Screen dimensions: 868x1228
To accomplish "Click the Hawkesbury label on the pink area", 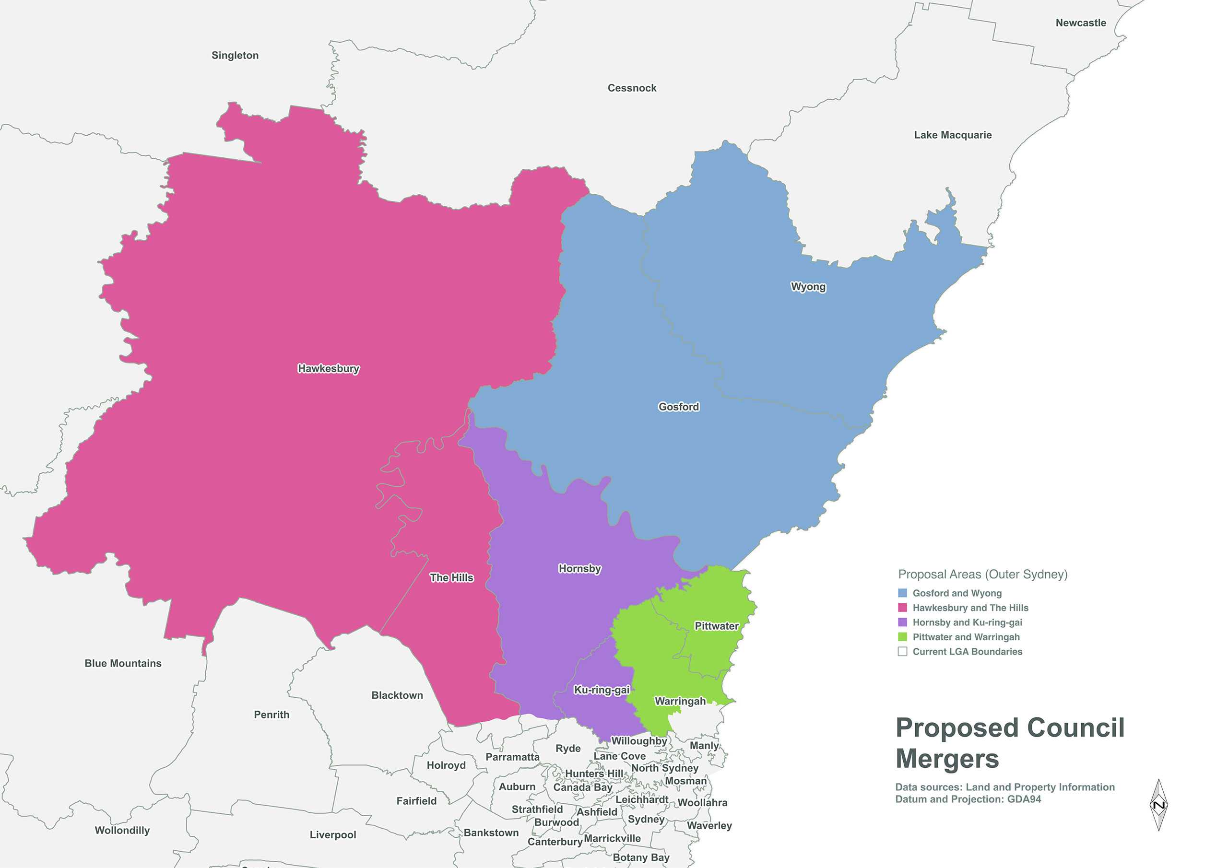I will pyautogui.click(x=329, y=368).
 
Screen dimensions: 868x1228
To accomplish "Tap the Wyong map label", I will pyautogui.click(x=808, y=287).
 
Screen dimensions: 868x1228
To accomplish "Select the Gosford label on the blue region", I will pyautogui.click(x=678, y=407).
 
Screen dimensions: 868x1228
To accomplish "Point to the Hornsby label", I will pyautogui.click(x=579, y=568).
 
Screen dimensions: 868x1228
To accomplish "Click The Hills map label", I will pyautogui.click(x=451, y=577).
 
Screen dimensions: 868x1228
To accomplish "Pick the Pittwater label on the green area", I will pyautogui.click(x=716, y=626).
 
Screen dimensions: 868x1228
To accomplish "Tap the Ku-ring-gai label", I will pyautogui.click(x=601, y=690).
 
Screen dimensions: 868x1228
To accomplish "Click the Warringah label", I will pyautogui.click(x=680, y=701).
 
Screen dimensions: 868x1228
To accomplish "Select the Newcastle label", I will pyautogui.click(x=1080, y=23).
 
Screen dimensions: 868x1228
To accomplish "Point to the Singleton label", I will pyautogui.click(x=235, y=56).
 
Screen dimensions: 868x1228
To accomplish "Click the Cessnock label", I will pyautogui.click(x=632, y=88).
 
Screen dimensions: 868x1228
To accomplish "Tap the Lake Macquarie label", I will pyautogui.click(x=953, y=135).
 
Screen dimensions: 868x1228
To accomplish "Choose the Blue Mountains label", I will pyautogui.click(x=123, y=663).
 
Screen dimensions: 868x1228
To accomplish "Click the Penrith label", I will pyautogui.click(x=271, y=715).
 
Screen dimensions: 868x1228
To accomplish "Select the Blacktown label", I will pyautogui.click(x=397, y=695).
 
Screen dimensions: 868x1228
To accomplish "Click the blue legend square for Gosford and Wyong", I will pyautogui.click(x=902, y=593).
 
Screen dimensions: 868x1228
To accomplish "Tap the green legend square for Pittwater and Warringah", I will pyautogui.click(x=902, y=637).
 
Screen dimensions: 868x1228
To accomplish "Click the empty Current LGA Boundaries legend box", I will pyautogui.click(x=902, y=651).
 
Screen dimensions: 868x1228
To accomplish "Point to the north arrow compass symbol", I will pyautogui.click(x=1158, y=805).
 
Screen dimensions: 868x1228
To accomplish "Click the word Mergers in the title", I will pyautogui.click(x=947, y=759).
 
